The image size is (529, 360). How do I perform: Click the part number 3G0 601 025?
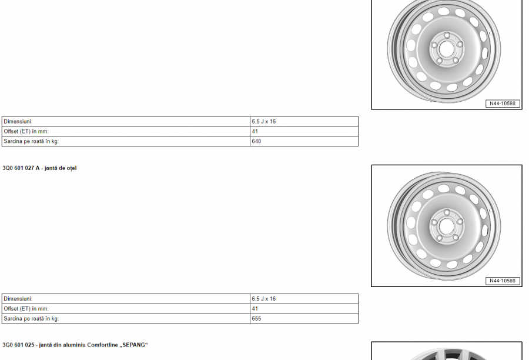18,345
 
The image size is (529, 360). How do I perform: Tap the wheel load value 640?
256,141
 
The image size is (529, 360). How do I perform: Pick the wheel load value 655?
256,319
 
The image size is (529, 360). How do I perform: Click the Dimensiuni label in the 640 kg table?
18,122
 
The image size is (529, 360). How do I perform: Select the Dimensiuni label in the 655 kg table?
18,299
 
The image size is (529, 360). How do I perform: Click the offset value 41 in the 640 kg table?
255,132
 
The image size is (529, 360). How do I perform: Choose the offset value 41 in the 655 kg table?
255,309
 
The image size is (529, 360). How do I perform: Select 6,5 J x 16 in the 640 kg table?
264,122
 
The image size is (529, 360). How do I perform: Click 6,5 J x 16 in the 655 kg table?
264,299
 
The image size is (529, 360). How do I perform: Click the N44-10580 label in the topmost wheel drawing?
503,104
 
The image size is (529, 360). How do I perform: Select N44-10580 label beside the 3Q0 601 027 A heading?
503,281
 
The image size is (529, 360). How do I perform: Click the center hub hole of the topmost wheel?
447,48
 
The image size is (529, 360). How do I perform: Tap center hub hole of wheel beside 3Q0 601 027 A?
447,225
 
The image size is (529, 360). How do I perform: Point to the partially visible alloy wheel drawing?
447,353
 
